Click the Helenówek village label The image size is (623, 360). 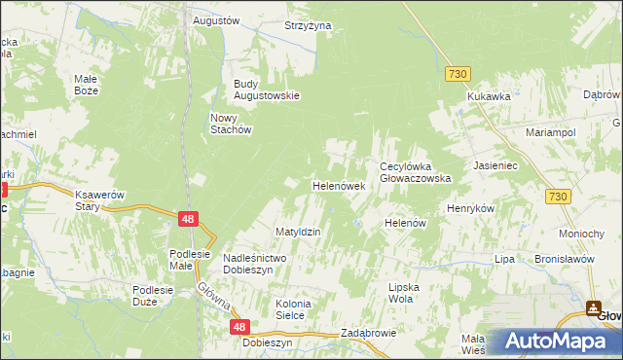(x=338, y=185)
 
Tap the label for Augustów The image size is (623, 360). (x=216, y=20)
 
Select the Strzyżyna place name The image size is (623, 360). (x=309, y=25)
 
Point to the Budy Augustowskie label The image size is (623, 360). (x=266, y=90)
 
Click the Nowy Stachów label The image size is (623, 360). (x=232, y=124)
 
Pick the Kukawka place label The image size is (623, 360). (x=489, y=97)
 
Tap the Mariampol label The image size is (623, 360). (x=551, y=131)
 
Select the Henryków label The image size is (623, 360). (x=471, y=209)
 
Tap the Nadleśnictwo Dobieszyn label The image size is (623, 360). (x=254, y=264)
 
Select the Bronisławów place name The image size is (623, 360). (x=565, y=260)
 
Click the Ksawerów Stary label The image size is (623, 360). (x=100, y=201)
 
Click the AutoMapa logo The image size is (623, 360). (x=555, y=342)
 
